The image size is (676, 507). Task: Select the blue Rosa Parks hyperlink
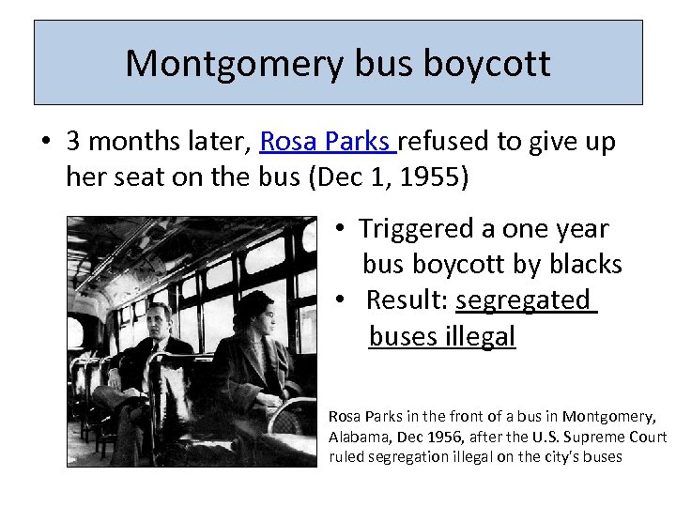(326, 142)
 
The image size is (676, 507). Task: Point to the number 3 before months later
(74, 142)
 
